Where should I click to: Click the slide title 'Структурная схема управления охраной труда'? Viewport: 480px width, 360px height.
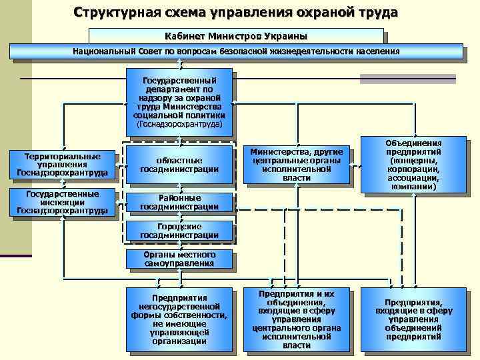pyautogui.click(x=236, y=13)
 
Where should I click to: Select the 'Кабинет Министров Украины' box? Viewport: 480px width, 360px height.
pyautogui.click(x=236, y=35)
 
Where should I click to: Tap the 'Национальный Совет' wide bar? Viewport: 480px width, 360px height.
pyautogui.click(x=236, y=51)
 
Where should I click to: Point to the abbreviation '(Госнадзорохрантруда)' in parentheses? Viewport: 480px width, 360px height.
pyautogui.click(x=179, y=124)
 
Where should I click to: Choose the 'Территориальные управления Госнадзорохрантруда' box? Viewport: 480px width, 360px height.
pyautogui.click(x=62, y=165)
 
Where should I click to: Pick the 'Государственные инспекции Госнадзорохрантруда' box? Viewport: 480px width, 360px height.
pyautogui.click(x=62, y=203)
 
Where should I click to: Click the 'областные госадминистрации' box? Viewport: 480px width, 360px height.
pyautogui.click(x=179, y=165)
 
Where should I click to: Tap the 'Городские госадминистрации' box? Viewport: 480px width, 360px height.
pyautogui.click(x=179, y=231)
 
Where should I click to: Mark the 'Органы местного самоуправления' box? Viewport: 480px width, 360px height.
pyautogui.click(x=179, y=259)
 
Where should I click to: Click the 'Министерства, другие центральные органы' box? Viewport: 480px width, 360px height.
pyautogui.click(x=297, y=165)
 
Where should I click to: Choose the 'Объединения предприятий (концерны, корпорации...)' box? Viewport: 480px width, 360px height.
pyautogui.click(x=413, y=165)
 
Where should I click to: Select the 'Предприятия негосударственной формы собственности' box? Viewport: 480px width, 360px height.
pyautogui.click(x=179, y=319)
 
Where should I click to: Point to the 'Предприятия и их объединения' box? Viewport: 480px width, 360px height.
pyautogui.click(x=297, y=319)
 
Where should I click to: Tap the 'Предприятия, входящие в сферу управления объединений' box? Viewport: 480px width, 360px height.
pyautogui.click(x=413, y=319)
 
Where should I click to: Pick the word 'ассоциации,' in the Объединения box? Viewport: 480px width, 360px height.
pyautogui.click(x=413, y=178)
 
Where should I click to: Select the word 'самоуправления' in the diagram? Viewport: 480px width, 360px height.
pyautogui.click(x=179, y=263)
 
